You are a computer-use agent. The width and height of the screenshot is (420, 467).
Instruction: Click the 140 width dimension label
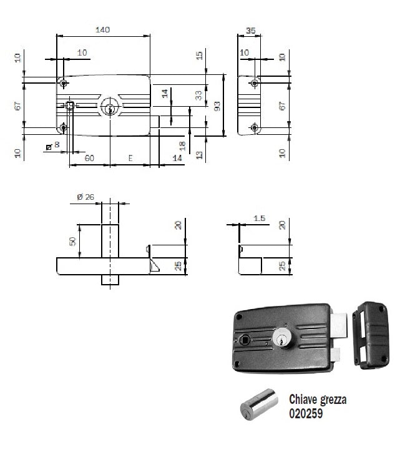click(103, 29)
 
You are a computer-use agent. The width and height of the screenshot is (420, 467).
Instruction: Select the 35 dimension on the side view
click(251, 29)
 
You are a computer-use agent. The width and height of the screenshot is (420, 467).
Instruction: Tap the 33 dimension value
click(198, 95)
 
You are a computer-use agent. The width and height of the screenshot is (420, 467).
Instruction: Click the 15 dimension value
click(199, 56)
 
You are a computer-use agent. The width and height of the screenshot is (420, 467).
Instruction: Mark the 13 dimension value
click(199, 155)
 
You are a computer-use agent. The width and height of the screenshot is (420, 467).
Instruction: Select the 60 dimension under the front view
click(89, 159)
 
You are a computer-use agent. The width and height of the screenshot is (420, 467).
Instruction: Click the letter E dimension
click(130, 159)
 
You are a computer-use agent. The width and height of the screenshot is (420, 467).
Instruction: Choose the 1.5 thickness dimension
click(260, 218)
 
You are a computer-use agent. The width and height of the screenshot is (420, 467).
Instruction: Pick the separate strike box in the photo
click(372, 332)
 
